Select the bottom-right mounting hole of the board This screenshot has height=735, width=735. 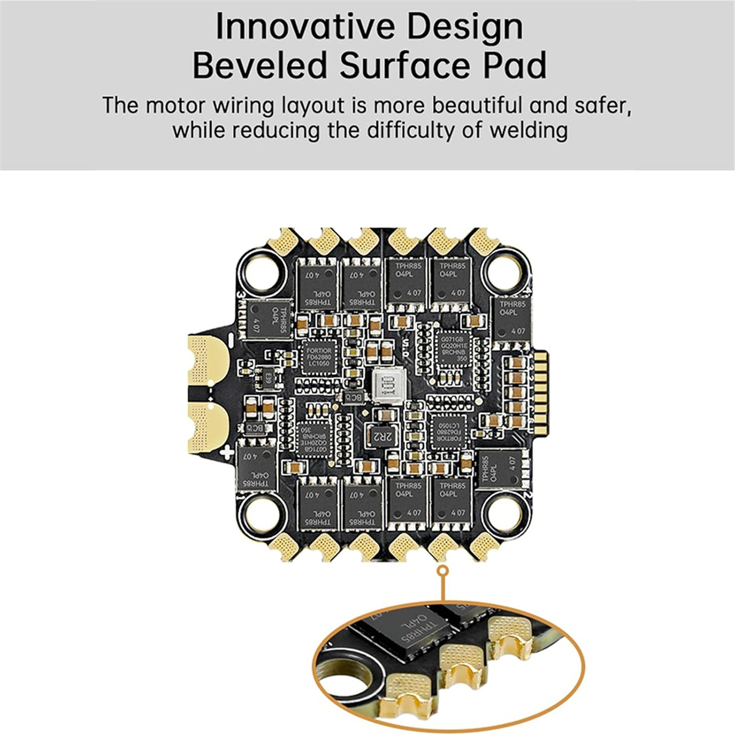[x=502, y=510]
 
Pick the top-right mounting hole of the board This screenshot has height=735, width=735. [x=504, y=268]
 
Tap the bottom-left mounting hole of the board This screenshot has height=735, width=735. [x=260, y=510]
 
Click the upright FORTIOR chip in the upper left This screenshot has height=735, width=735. [x=318, y=356]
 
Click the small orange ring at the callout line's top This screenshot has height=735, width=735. [x=443, y=571]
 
